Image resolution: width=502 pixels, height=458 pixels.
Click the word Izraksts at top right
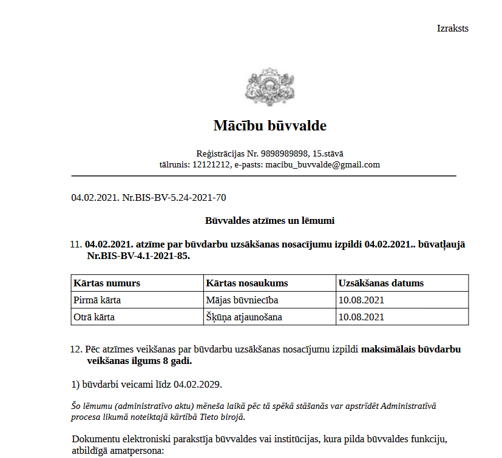click(452, 29)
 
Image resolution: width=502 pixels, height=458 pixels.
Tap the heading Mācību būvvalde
click(270, 126)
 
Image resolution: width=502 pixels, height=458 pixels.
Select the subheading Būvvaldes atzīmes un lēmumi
click(270, 221)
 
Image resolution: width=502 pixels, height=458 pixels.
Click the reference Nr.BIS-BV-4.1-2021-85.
click(138, 256)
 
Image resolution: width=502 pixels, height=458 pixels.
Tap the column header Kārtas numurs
click(107, 283)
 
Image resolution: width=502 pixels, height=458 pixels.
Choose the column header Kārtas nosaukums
click(247, 283)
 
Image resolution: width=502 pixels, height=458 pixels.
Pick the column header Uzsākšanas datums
click(381, 283)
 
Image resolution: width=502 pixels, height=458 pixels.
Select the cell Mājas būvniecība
click(242, 300)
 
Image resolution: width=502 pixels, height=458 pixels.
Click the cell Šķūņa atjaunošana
click(244, 317)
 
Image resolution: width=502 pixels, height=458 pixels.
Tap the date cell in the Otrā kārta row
click(361, 317)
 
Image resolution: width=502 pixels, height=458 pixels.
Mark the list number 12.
click(76, 349)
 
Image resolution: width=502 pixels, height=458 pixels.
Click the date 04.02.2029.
click(197, 385)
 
